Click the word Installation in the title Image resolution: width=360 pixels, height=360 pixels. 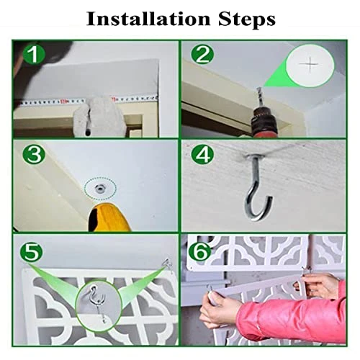[148, 19]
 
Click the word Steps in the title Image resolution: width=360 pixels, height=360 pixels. [247, 20]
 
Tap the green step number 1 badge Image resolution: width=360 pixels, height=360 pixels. [34, 55]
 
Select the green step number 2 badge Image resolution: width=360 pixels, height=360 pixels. [202, 55]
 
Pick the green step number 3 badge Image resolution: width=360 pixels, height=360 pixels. [34, 155]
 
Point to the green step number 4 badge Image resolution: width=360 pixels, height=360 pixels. [202, 155]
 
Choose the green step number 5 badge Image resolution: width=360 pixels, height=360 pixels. [31, 252]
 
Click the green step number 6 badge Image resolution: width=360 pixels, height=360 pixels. [200, 251]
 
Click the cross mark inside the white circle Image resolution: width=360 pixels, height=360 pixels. [309, 64]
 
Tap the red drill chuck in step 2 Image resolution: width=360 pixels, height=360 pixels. [264, 122]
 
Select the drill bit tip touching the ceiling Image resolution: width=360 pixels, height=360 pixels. [259, 89]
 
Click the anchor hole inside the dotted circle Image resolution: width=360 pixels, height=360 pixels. [99, 189]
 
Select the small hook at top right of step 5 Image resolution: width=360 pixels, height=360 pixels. [168, 264]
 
